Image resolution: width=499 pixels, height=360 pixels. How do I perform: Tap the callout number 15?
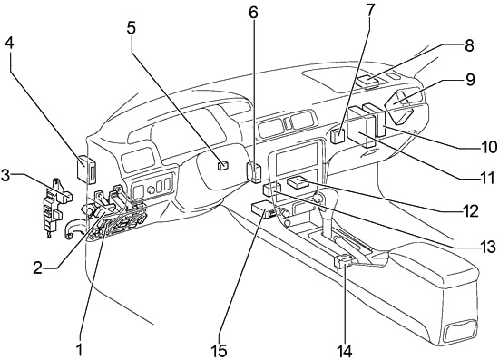[219, 351]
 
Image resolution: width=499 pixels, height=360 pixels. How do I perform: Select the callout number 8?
[469, 46]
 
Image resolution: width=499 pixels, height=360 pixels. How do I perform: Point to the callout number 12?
[470, 211]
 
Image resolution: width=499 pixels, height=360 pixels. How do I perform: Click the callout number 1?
[79, 351]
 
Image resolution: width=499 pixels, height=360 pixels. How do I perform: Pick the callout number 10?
[488, 147]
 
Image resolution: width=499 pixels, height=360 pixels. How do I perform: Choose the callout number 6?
[253, 13]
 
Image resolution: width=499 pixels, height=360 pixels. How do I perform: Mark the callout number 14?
[345, 352]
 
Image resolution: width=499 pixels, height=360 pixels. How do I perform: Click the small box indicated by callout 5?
[223, 166]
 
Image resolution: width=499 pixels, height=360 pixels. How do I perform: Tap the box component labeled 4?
[86, 169]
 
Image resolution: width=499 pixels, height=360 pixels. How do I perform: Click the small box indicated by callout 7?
[338, 136]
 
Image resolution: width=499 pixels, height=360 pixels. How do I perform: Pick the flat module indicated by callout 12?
[298, 182]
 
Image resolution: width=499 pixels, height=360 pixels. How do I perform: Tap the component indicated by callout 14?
[343, 262]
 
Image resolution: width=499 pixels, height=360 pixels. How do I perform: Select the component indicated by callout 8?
[367, 81]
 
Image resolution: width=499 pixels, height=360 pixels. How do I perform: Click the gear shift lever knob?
[318, 199]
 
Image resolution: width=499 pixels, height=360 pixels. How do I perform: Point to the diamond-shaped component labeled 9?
[399, 107]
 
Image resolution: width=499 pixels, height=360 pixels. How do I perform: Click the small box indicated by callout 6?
[254, 172]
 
